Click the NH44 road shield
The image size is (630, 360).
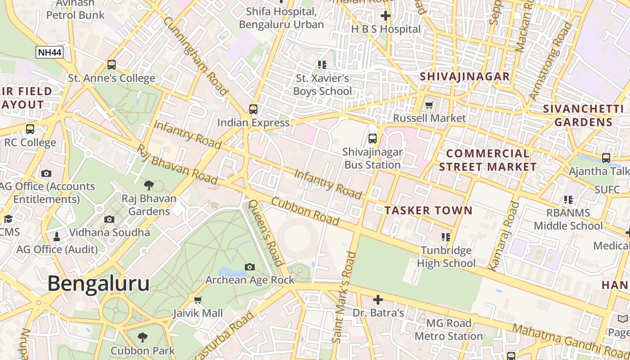click(x=49, y=52)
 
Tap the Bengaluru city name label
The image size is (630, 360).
click(x=98, y=283)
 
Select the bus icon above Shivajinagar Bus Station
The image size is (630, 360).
click(x=372, y=138)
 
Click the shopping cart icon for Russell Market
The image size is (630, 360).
click(x=429, y=105)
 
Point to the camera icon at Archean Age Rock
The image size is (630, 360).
click(x=250, y=267)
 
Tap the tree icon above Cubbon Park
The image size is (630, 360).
click(x=143, y=337)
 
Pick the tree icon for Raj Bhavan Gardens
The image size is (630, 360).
click(x=148, y=185)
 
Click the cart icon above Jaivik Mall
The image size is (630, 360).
click(x=198, y=300)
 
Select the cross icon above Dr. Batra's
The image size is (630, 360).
click(x=378, y=299)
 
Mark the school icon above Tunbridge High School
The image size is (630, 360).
click(x=446, y=237)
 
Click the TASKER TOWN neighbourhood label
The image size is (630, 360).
click(x=428, y=210)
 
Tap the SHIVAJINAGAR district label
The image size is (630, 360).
click(x=465, y=76)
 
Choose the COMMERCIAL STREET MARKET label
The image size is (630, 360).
click(x=488, y=160)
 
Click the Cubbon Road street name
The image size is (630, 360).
click(x=306, y=211)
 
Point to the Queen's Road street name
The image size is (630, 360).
click(x=266, y=233)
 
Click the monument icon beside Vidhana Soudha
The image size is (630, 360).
click(x=57, y=236)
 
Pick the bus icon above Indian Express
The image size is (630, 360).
click(x=253, y=109)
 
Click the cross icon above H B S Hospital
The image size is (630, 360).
click(x=385, y=16)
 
